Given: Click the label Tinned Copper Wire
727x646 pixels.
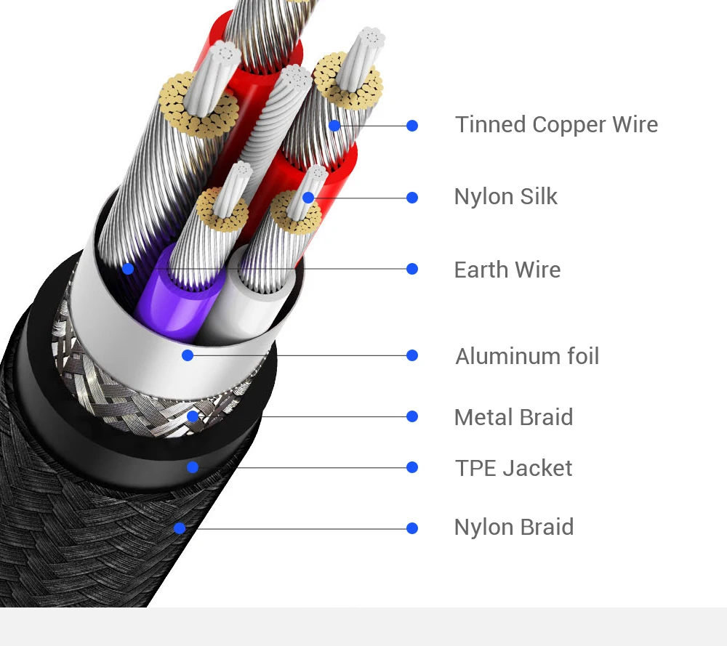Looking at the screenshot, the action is (x=556, y=125).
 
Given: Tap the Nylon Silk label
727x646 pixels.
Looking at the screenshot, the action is (x=505, y=197).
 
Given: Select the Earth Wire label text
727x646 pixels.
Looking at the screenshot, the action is (x=507, y=270).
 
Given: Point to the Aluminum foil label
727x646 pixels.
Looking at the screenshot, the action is (x=527, y=356).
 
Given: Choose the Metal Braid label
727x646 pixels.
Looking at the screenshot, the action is (x=513, y=417).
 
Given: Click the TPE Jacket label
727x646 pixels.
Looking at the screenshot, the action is (x=513, y=468).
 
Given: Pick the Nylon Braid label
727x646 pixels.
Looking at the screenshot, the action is (x=513, y=528).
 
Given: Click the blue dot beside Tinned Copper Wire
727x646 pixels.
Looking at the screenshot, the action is (x=412, y=126).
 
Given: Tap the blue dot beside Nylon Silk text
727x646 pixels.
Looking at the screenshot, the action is (x=412, y=198).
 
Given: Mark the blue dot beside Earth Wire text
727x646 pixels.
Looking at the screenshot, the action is (x=412, y=269).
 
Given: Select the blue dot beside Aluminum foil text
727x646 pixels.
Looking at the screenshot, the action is (x=412, y=355).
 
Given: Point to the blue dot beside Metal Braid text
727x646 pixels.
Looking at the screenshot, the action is (x=412, y=416).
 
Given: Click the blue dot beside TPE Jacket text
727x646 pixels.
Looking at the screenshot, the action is (x=412, y=467).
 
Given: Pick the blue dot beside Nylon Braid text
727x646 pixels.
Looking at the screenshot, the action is (x=412, y=528).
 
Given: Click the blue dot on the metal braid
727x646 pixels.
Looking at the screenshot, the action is (x=193, y=416).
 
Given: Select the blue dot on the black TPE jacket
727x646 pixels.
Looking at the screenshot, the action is (x=193, y=467).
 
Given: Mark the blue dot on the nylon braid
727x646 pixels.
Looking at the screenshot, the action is (x=180, y=528).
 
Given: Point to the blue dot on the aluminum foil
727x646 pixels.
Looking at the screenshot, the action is (x=188, y=355).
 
